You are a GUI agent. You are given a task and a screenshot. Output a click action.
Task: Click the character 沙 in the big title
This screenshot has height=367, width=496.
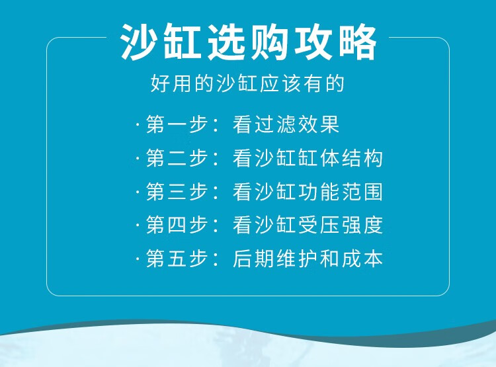pos(139,42)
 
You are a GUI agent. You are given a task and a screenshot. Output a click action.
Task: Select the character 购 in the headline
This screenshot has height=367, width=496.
pos(270,42)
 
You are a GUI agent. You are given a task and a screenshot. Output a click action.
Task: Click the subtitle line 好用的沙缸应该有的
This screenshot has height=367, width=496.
pos(247,83)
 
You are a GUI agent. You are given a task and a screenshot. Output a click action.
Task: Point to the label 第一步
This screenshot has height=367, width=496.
pos(177,124)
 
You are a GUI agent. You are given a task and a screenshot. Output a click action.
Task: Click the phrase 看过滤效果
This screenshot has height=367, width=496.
pos(286,124)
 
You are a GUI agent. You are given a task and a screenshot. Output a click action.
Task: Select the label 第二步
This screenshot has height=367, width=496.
pos(177,158)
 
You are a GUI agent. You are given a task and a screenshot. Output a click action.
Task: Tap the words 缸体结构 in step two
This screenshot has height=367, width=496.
pos(341,158)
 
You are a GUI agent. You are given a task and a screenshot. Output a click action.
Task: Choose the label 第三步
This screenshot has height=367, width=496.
pos(177,191)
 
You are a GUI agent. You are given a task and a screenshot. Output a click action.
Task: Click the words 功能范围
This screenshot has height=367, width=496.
pos(341,191)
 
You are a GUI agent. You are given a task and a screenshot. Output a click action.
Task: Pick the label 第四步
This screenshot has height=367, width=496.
pos(177,225)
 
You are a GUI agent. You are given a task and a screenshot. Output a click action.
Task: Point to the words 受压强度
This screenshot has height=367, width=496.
pos(341,225)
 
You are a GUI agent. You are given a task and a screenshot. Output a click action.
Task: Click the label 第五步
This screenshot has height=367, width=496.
pos(177,259)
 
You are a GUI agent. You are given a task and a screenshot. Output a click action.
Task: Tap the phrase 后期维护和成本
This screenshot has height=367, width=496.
pos(308,259)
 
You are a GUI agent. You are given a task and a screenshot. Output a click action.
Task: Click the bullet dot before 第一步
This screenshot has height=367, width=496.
pos(138,124)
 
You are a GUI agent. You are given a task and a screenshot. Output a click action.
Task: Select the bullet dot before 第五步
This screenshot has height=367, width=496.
pos(138,259)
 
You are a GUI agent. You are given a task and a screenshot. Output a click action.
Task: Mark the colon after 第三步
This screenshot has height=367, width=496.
pos(216,192)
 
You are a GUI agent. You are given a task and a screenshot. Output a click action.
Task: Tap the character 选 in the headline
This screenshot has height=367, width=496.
pos(226,42)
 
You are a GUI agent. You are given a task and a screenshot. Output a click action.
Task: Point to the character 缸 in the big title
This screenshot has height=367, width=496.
pos(183,42)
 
